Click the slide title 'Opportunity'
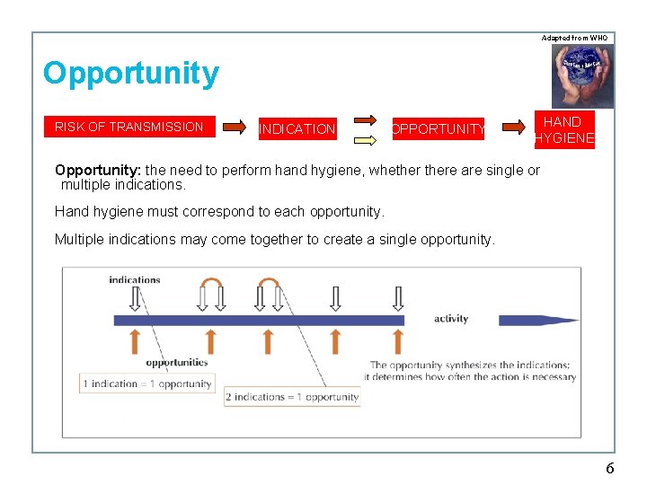click(131, 74)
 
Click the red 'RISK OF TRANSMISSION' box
click(129, 127)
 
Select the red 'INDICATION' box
click(297, 129)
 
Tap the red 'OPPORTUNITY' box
click(438, 129)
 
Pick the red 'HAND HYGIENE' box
click(563, 129)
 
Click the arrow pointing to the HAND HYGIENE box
click(513, 128)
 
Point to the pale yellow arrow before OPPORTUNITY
click(364, 139)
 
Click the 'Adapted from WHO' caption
click(574, 38)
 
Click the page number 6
click(610, 468)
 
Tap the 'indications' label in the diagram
click(135, 280)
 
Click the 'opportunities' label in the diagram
click(177, 364)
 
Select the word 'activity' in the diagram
click(451, 319)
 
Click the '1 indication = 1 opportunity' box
click(147, 384)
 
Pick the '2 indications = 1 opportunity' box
click(292, 397)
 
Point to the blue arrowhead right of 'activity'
click(527, 320)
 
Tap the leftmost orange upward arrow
click(136, 341)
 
